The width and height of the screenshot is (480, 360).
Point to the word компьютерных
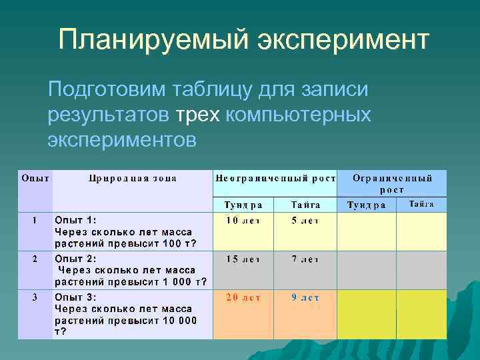click(x=298, y=115)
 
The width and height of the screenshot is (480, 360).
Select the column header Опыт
click(x=35, y=178)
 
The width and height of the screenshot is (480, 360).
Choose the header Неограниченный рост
click(x=275, y=178)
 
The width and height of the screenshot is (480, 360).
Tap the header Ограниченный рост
click(x=391, y=184)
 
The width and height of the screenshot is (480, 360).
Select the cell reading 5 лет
click(x=305, y=221)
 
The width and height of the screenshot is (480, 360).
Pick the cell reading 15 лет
click(x=242, y=259)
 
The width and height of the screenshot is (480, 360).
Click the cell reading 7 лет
click(x=305, y=259)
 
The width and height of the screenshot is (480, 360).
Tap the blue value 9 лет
click(x=305, y=298)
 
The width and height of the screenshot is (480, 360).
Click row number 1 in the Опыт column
click(x=35, y=220)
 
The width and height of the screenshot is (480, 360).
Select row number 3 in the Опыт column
click(x=35, y=297)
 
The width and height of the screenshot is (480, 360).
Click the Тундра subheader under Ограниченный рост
click(x=366, y=205)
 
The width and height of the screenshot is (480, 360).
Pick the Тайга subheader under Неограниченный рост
click(x=305, y=205)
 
